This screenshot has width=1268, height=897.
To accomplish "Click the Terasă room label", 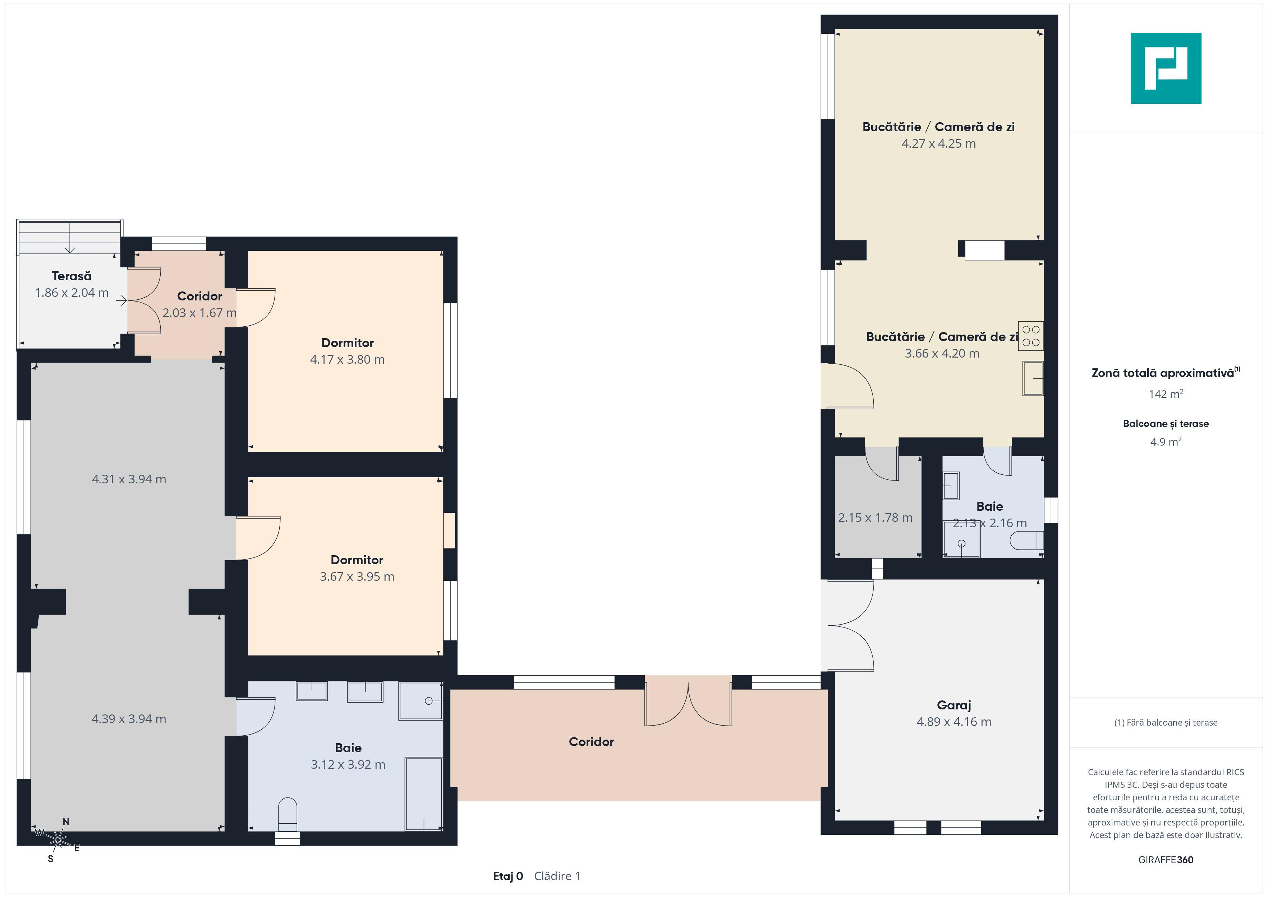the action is (72, 276).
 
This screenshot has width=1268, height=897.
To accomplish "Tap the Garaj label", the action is (954, 705).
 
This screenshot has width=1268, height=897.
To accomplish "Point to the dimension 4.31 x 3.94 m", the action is (129, 479).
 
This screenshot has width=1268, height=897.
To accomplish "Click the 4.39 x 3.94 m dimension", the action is (129, 719).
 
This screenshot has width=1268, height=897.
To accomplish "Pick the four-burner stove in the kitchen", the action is (1030, 336).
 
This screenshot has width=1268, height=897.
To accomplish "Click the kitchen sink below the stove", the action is (1033, 378).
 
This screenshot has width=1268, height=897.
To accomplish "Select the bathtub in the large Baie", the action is (424, 794).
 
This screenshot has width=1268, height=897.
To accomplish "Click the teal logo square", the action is (1166, 69).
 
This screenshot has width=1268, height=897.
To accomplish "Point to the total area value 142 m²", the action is (1166, 394).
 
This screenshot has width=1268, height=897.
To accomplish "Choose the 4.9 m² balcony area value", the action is (1166, 441).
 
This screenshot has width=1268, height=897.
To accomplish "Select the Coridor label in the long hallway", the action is (592, 742).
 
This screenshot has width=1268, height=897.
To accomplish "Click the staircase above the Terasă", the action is (70, 238).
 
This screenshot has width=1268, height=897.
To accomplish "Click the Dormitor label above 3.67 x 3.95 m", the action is (357, 560).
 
